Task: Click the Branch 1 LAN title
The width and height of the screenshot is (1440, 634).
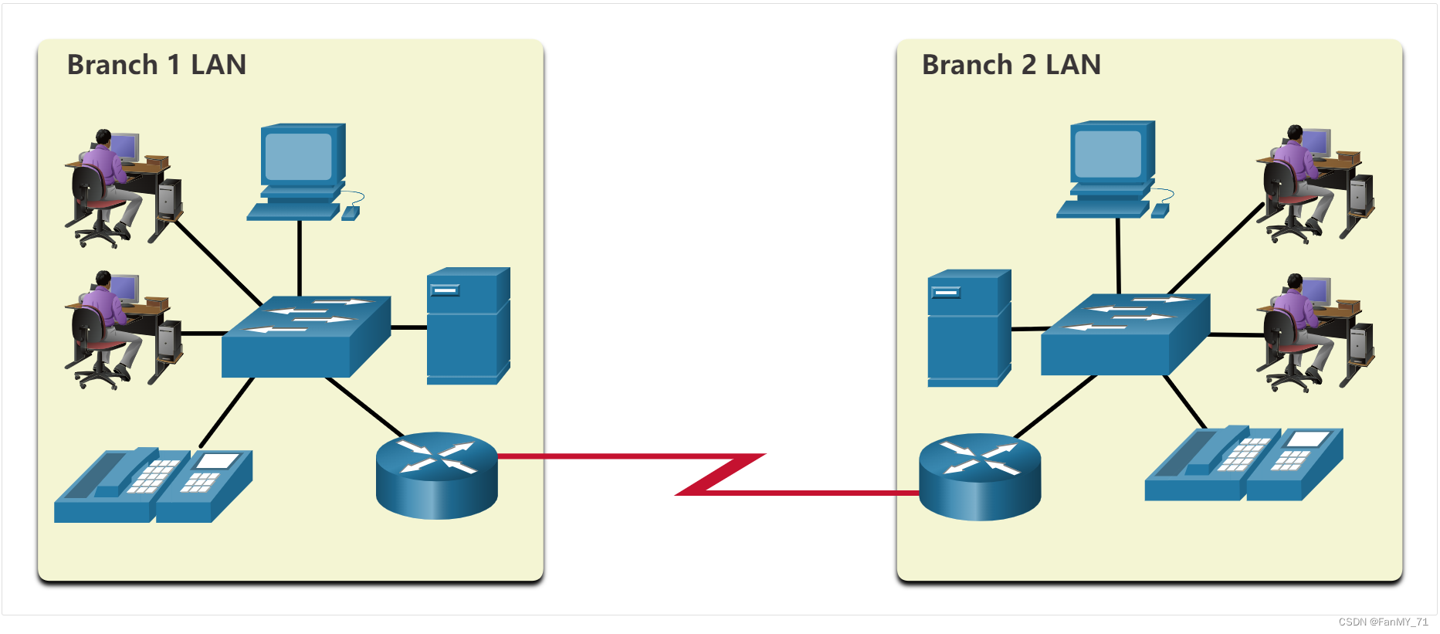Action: pos(157,65)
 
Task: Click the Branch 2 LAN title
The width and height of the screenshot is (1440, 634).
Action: pos(1011,65)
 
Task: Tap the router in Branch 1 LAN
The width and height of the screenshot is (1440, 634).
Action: pos(436,474)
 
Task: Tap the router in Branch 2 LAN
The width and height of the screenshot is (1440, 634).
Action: pos(980,476)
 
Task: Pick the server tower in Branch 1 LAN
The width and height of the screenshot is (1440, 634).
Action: pos(468,325)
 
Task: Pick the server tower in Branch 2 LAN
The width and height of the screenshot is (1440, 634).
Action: pos(969,327)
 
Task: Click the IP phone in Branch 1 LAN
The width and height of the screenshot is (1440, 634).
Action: pos(153,485)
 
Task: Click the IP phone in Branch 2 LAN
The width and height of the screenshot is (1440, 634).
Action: pos(1243,463)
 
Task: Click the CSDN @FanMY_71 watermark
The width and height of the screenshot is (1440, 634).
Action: pos(1383,622)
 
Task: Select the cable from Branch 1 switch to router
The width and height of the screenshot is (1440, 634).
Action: pos(364,406)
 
